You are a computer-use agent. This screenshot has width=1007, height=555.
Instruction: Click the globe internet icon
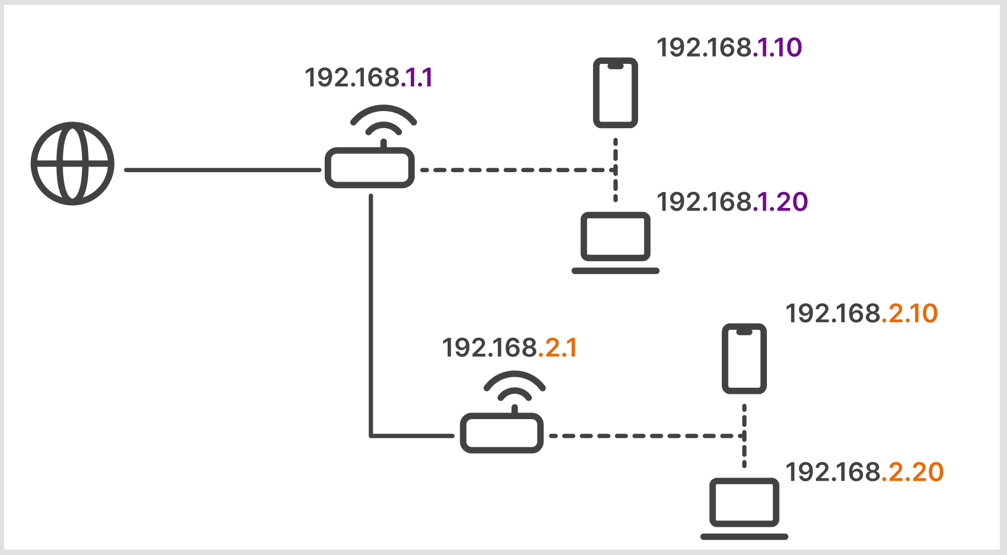73,163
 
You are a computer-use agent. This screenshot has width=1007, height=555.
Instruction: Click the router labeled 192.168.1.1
369,168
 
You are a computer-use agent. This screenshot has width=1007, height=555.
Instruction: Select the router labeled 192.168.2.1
502,433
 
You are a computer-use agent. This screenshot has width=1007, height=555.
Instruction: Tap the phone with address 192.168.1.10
615,93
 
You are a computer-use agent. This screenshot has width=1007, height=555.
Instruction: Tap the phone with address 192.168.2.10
744,359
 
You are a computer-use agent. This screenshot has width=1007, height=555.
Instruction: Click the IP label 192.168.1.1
368,78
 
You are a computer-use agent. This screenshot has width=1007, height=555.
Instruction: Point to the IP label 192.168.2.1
509,348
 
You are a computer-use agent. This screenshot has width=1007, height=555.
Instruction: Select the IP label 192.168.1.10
729,48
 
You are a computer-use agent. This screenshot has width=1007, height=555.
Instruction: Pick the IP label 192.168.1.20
732,202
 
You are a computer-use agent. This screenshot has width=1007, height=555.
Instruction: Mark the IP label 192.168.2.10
861,314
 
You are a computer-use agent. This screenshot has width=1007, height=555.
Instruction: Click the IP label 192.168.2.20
864,472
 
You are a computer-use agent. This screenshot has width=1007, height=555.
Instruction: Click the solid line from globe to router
222,170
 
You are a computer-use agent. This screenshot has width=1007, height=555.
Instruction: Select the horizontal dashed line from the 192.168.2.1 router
644,436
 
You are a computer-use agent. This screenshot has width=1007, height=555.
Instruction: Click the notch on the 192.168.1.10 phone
616,66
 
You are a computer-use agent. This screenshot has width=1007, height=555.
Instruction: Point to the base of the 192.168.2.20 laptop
744,536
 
